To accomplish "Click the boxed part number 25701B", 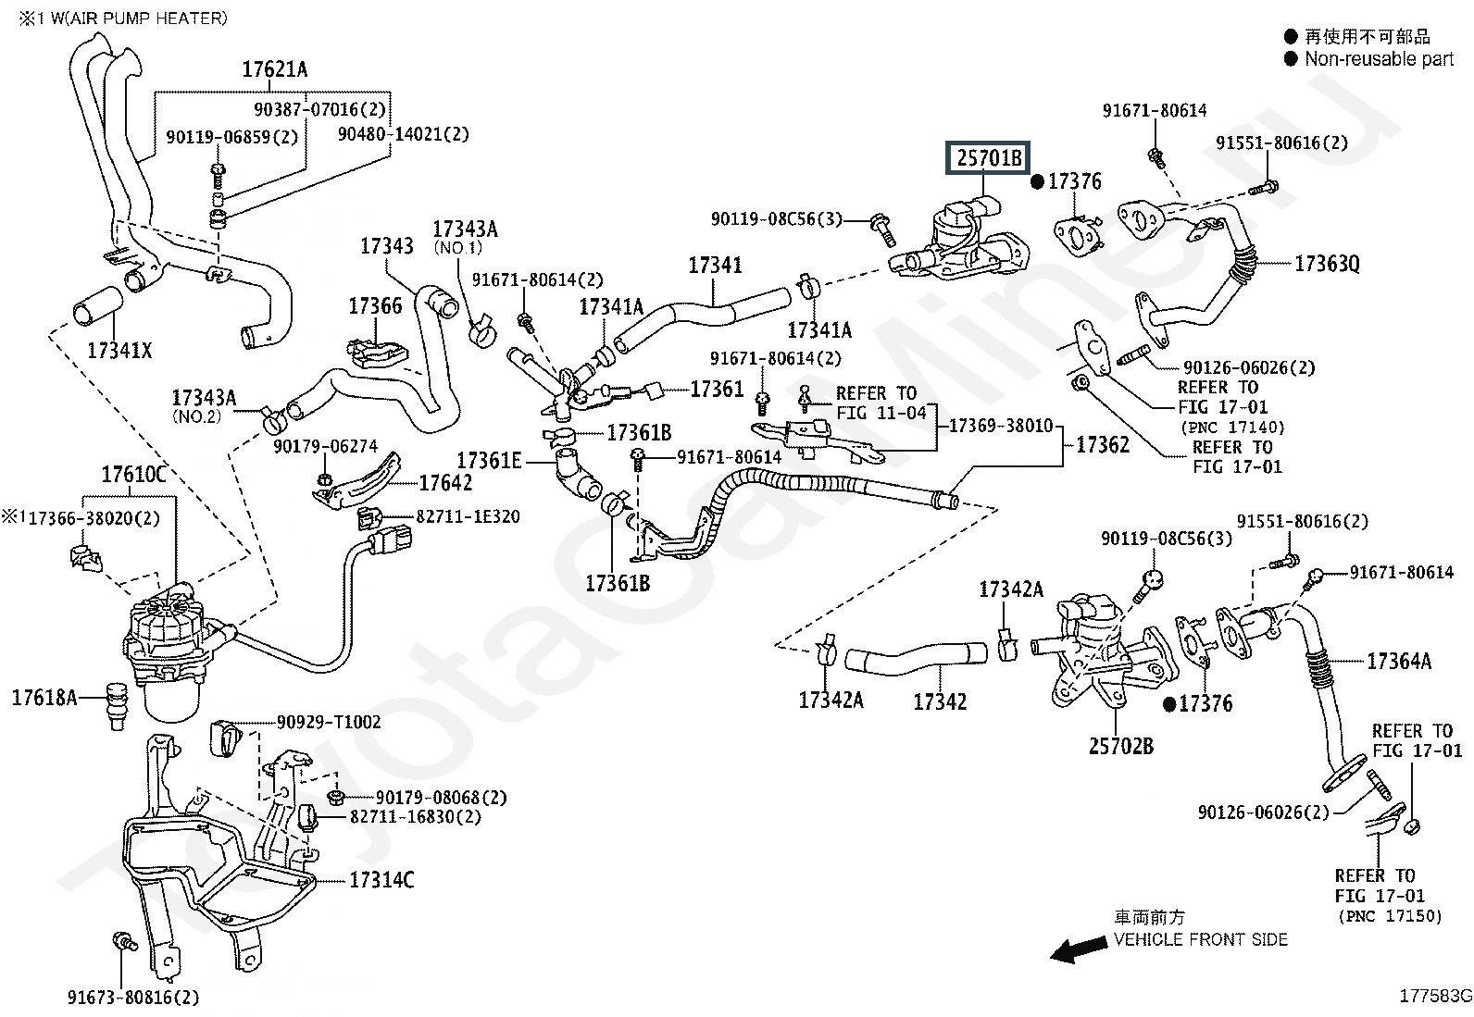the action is pos(988,158).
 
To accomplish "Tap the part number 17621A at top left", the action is pos(274,69).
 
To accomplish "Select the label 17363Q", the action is pos(1327,264).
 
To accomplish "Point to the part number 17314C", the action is pos(381,880).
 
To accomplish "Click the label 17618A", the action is pos(44,698).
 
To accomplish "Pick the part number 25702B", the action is pos(1121,746).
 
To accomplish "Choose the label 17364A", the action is pos(1399,661).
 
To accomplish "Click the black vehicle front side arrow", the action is pos(1079,949).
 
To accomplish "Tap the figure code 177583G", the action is pos(1435,996).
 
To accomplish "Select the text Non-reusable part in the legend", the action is pos(1380,59).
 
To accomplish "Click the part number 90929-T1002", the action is pos(329,723).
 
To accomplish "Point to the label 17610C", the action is pos(133,475).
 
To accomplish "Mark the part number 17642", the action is pos(445,483).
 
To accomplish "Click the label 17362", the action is pos(1103,445).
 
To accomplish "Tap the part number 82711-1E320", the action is pos(468,516).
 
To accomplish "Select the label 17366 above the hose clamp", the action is pos(375,306).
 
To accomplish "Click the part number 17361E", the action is pos(489,461).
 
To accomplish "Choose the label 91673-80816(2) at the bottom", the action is pos(133,998).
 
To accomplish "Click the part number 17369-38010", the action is pos(1001,426).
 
